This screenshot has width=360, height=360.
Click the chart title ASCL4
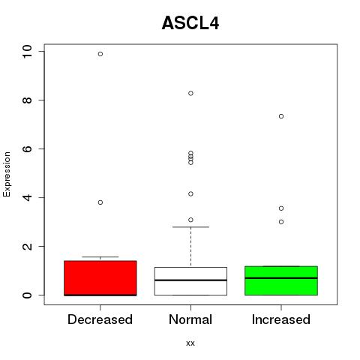tap(190, 23)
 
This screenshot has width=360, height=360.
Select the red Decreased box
tap(100, 278)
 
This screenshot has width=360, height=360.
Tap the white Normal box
tap(190, 281)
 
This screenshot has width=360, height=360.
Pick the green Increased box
tap(281, 280)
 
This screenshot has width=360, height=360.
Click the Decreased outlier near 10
tap(100, 54)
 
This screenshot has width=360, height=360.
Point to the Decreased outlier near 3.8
tap(100, 202)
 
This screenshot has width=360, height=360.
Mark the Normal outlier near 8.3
tap(190, 93)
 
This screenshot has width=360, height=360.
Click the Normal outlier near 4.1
tap(190, 193)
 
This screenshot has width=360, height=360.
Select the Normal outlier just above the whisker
tap(190, 220)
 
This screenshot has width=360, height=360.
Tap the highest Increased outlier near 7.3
tap(281, 116)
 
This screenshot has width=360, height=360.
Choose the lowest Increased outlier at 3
tap(281, 222)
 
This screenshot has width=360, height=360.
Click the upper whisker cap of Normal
tap(190, 227)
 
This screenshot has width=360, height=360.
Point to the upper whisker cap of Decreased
tap(100, 256)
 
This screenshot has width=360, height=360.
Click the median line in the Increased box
tap(281, 278)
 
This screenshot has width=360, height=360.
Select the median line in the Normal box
tap(190, 280)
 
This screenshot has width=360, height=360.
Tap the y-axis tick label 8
tap(27, 100)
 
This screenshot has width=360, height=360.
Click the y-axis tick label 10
tap(27, 52)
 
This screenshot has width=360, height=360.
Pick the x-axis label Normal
tap(190, 319)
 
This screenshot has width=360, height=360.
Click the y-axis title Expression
tap(7, 174)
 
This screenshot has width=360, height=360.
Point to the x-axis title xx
tap(190, 343)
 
